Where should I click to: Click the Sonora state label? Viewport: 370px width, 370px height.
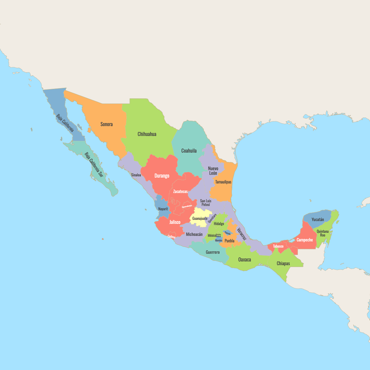107,124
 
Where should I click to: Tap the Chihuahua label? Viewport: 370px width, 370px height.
147,134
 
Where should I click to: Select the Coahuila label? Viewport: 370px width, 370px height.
189,151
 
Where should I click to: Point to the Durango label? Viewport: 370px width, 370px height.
162,176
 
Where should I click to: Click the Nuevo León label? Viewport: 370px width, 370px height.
213,171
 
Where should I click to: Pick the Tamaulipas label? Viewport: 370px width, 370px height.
223,182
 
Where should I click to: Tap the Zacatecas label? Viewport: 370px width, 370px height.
180,191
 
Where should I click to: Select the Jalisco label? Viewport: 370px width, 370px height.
175,222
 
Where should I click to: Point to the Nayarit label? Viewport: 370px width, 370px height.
163,209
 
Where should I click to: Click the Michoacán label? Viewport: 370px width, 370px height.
194,234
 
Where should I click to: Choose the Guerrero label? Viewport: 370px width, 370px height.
213,252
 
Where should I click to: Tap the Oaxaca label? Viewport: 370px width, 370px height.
245,260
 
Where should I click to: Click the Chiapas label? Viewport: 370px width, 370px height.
283,263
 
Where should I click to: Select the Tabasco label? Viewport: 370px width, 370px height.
278,246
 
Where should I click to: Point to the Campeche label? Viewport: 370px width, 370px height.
305,240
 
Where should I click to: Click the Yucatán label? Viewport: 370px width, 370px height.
318,220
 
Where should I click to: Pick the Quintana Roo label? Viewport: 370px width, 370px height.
323,233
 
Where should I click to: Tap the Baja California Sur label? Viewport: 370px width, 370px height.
94,165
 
